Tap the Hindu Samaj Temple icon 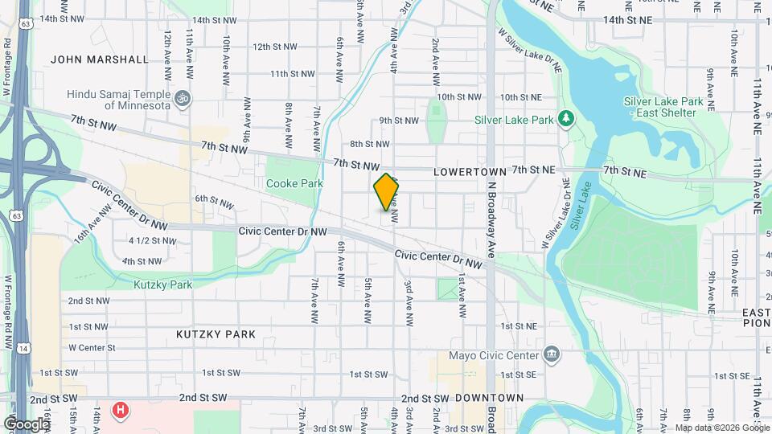click(183, 99)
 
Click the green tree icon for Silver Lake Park click(567, 120)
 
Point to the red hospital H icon click(120, 411)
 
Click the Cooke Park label click(294, 183)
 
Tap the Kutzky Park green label click(162, 285)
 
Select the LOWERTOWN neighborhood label click(470, 172)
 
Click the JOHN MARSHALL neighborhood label click(100, 59)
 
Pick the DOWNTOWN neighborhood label click(489, 398)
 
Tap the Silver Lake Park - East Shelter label click(663, 107)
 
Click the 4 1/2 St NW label click(152, 240)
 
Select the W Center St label click(92, 348)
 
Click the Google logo click(26, 424)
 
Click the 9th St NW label click(399, 121)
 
